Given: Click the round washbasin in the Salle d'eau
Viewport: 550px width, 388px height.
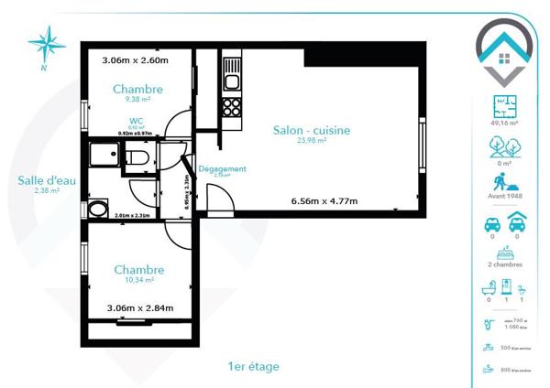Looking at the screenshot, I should click(97, 210).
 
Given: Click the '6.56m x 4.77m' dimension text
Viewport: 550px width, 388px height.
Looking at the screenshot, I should click(324, 201).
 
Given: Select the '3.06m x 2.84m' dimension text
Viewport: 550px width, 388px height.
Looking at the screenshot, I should click(139, 308).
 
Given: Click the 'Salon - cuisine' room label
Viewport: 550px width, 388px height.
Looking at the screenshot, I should click(312, 131).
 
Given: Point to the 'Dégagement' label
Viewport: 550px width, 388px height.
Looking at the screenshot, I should click(222, 168).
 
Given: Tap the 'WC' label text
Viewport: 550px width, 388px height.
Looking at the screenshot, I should click(136, 120).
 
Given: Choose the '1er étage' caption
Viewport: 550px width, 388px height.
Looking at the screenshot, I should click(254, 366).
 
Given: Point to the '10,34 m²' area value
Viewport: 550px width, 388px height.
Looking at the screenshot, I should click(139, 282).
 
